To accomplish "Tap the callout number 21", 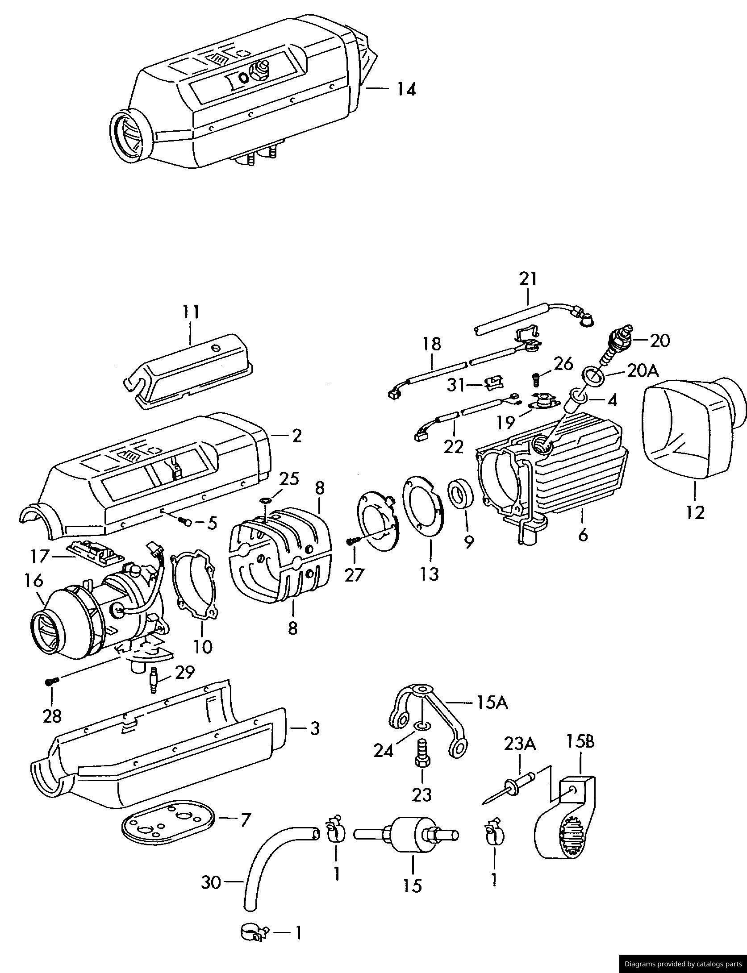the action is point(528,279).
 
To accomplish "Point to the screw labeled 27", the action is point(352,541).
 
